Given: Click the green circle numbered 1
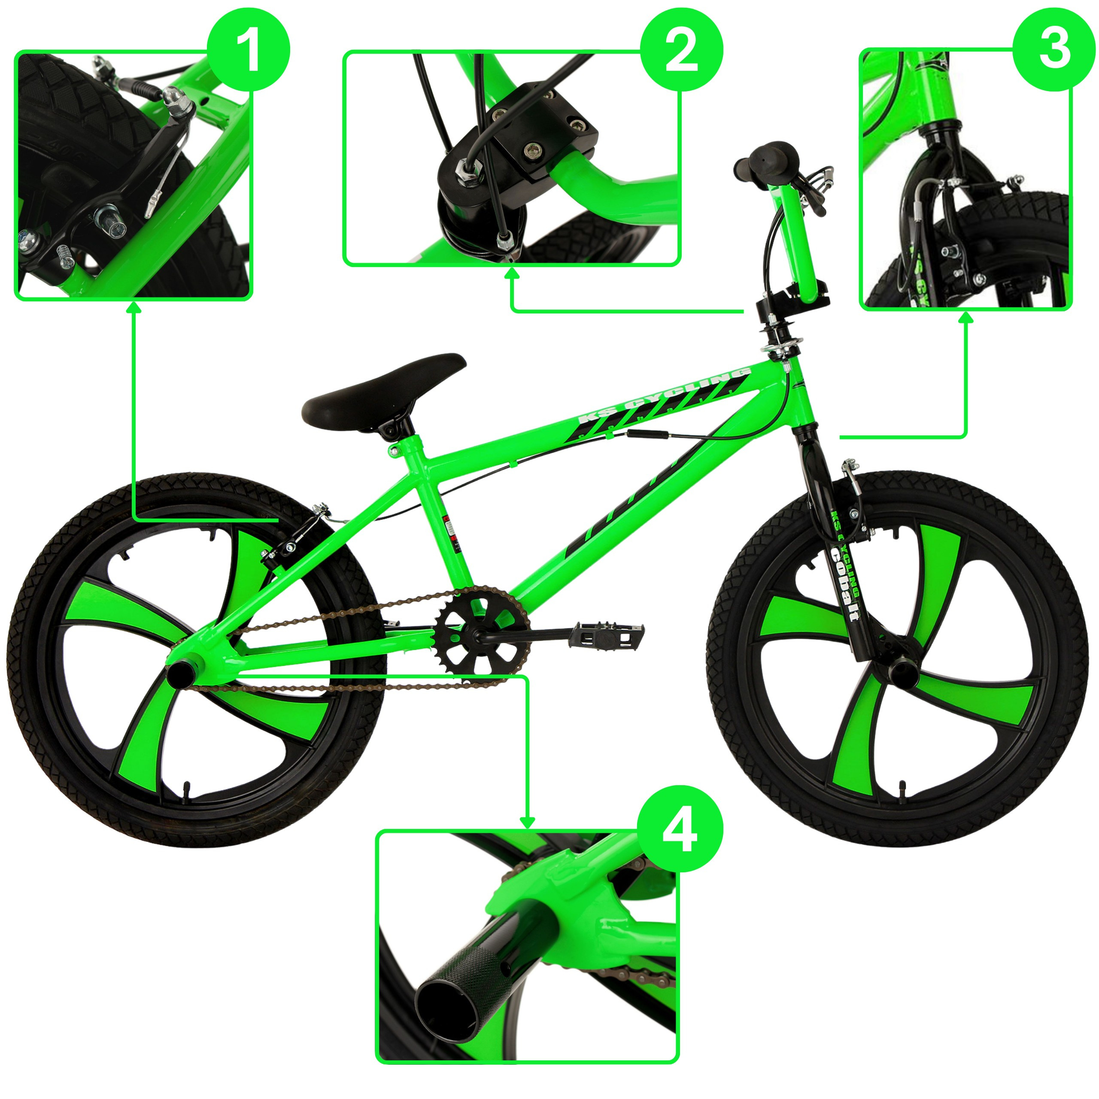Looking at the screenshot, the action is [249, 49].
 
